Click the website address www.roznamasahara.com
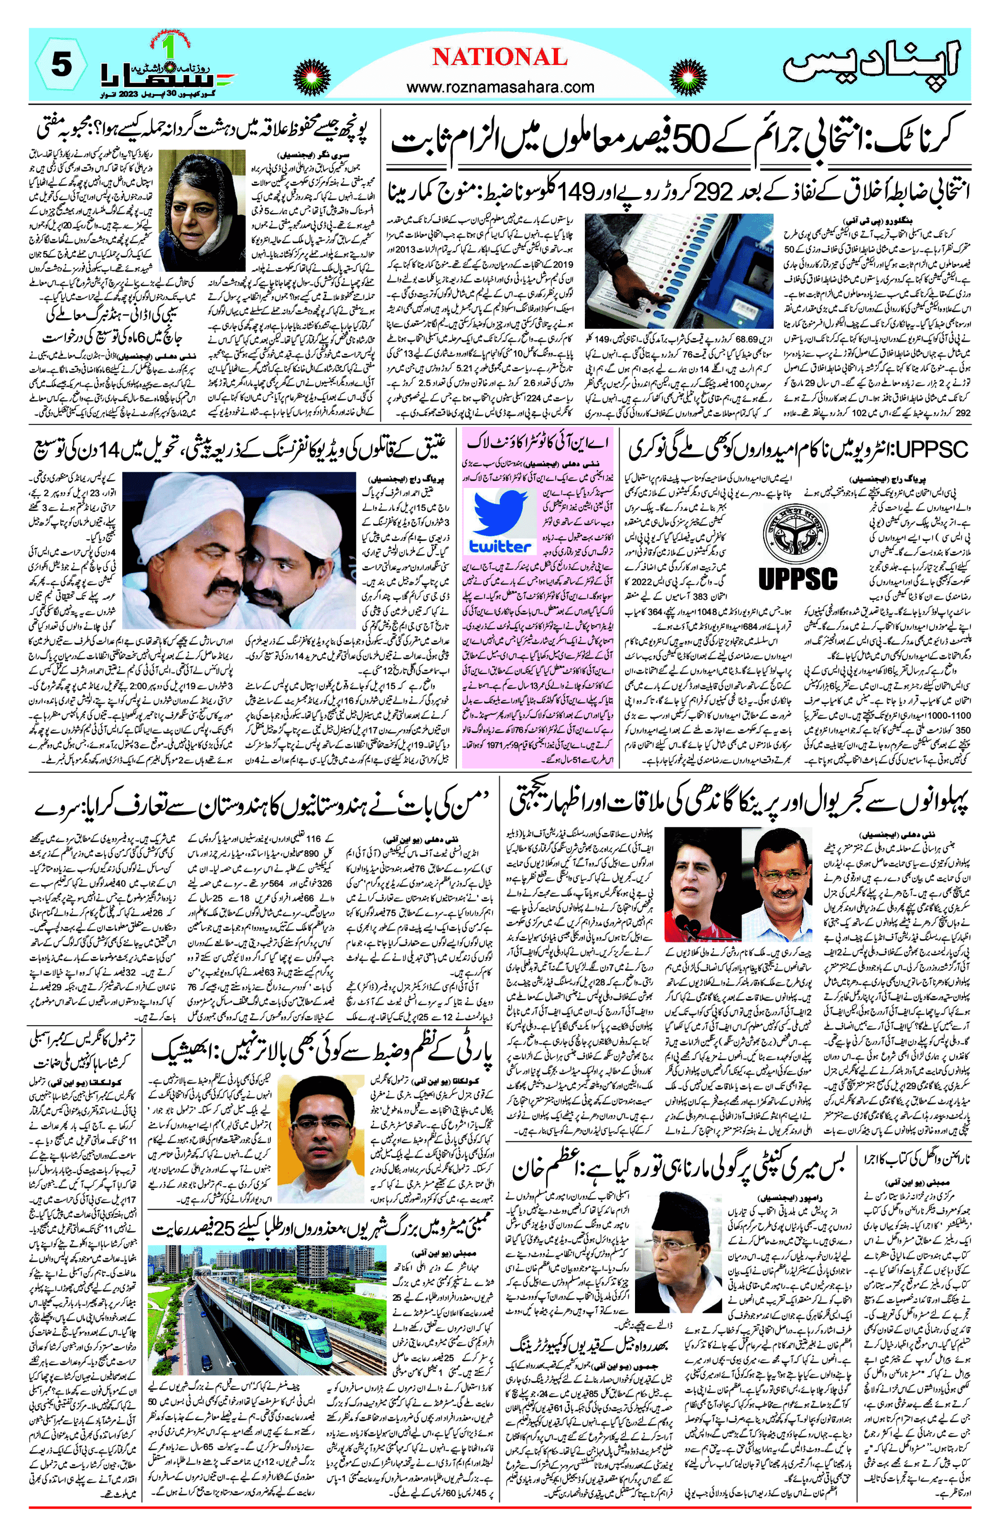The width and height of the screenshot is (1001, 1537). pos(500,87)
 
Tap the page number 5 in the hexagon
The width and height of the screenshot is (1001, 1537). pos(61,66)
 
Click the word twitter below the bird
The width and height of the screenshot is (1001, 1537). pos(501,546)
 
